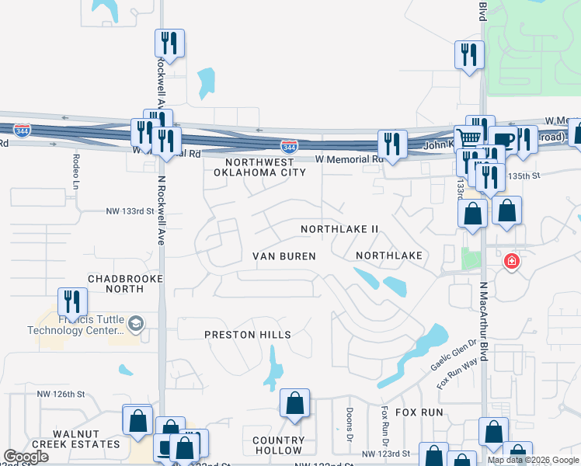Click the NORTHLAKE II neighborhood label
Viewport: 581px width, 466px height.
[x=339, y=229]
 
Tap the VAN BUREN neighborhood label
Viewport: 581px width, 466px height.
[x=284, y=256]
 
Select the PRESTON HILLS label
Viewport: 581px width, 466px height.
[x=247, y=335]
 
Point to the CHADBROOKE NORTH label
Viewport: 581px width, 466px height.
[x=116, y=283]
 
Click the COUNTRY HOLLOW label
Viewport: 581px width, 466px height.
[x=277, y=445]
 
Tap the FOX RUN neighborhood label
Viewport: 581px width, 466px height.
[x=419, y=412]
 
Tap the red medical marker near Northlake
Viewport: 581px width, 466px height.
[x=511, y=261]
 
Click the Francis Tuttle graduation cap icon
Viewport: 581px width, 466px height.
[x=136, y=323]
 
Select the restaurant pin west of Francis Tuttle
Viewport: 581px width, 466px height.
[x=72, y=301]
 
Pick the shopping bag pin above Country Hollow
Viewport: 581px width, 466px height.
[x=294, y=403]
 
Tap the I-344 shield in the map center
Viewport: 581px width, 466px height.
[x=289, y=146]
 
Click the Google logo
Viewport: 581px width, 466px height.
[x=26, y=457]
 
